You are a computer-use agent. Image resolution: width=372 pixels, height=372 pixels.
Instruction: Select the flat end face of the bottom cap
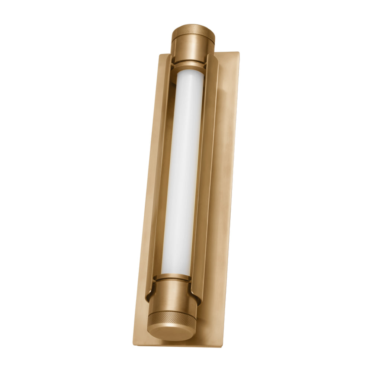coord(170,333)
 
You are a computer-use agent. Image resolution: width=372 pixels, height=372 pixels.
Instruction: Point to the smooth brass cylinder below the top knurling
coord(193,47)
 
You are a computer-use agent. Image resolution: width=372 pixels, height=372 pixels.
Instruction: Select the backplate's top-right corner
coord(238,53)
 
